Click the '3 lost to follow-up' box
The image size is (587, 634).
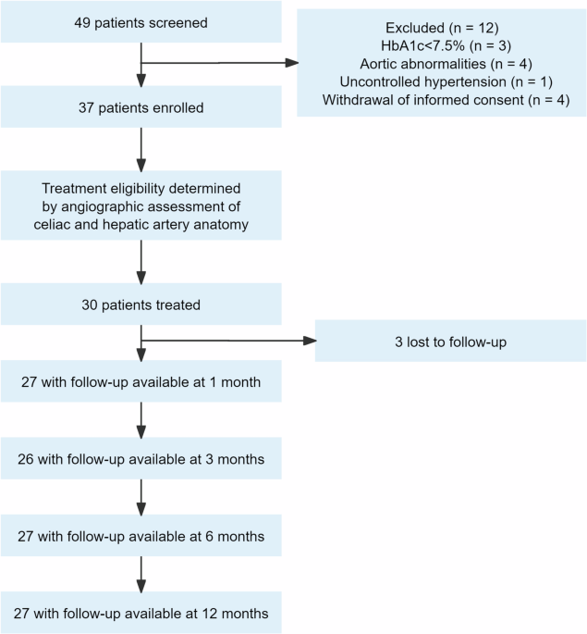[x=450, y=342]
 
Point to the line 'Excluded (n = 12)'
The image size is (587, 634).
[x=441, y=28]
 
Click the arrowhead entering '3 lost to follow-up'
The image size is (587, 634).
[x=310, y=342]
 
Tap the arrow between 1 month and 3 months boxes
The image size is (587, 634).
[x=140, y=420]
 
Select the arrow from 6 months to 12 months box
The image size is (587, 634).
[x=140, y=575]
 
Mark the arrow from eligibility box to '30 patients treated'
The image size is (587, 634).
[x=140, y=263]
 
